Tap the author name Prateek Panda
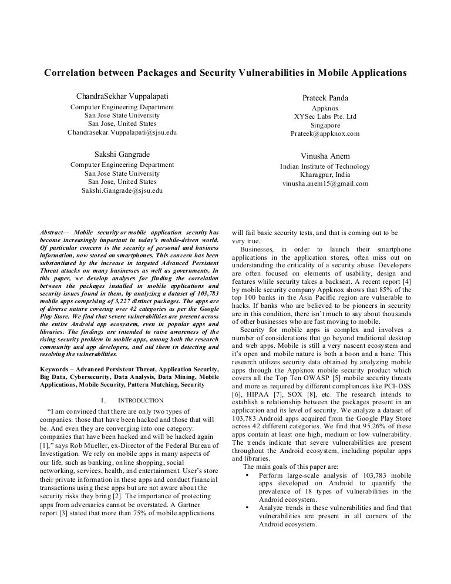pyautogui.click(x=325, y=97)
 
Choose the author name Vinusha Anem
pyautogui.click(x=325, y=156)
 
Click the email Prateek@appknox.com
pyautogui.click(x=325, y=134)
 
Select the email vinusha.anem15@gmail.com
pyautogui.click(x=325, y=183)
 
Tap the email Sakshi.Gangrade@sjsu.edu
pyautogui.click(x=122, y=191)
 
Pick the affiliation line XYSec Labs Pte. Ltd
pyautogui.click(x=325, y=117)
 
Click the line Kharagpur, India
pyautogui.click(x=325, y=174)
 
